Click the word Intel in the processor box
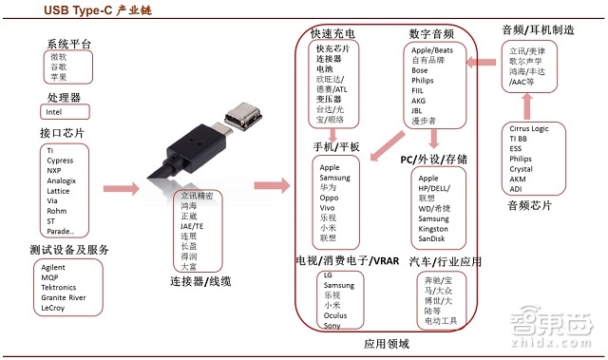click(x=54, y=113)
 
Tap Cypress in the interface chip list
click(x=60, y=160)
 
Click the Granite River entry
click(x=65, y=297)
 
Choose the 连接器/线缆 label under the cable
click(x=199, y=281)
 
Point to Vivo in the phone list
click(x=327, y=207)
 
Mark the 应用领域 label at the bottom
click(x=386, y=344)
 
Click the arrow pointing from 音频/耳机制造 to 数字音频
click(x=484, y=64)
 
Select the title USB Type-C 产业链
click(x=93, y=9)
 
